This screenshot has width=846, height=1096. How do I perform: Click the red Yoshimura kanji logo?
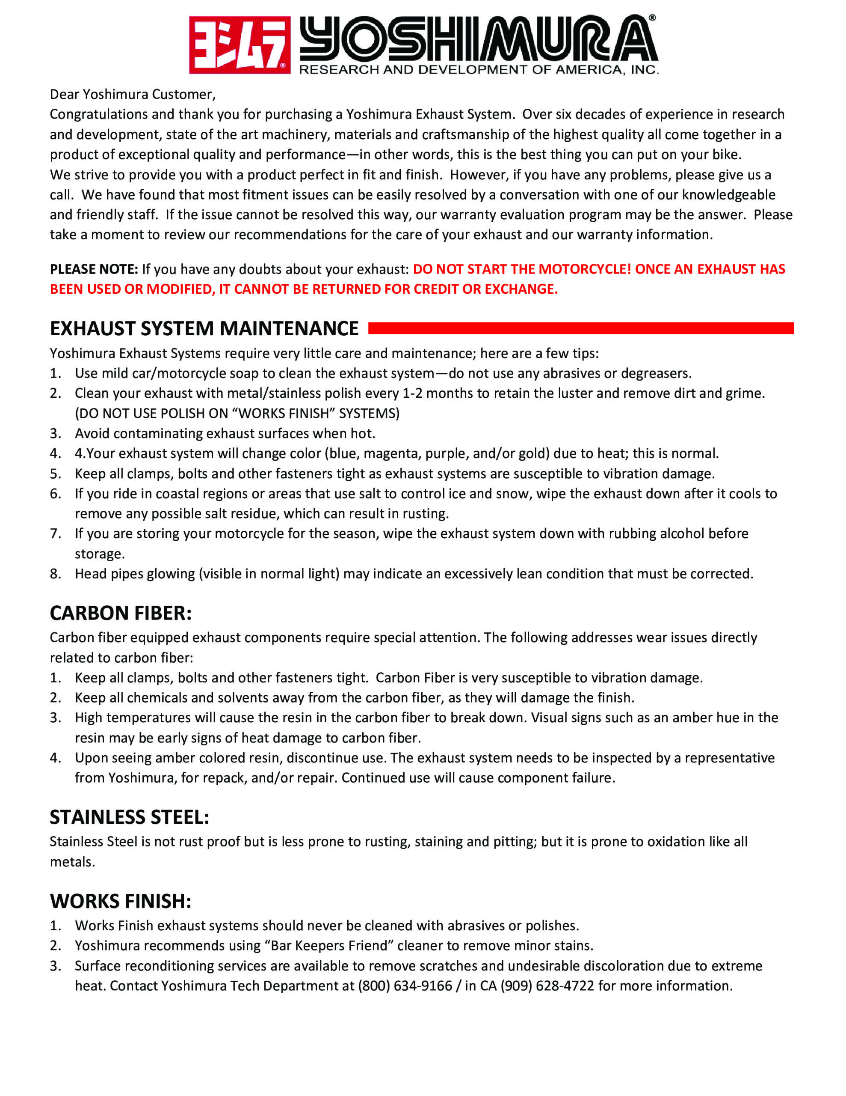[239, 45]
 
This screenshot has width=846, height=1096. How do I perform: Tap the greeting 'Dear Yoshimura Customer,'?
[133, 94]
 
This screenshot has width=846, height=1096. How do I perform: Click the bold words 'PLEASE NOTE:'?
[94, 269]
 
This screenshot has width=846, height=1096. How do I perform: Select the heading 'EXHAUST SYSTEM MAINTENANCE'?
[204, 329]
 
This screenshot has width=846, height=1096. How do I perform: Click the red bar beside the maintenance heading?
[580, 328]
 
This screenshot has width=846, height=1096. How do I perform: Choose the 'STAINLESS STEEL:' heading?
[129, 817]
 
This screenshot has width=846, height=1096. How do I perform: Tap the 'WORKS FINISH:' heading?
[120, 901]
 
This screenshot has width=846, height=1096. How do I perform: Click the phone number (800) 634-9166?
[405, 986]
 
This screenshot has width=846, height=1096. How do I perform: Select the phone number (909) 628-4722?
[547, 986]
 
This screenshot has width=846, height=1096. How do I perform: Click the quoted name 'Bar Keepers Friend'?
[329, 945]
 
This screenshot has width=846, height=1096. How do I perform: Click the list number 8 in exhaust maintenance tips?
[55, 574]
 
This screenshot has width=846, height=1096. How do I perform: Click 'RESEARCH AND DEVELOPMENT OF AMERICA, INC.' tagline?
[479, 70]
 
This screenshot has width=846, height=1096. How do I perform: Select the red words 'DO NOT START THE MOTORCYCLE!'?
[521, 269]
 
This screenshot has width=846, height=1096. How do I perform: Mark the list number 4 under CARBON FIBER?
[55, 758]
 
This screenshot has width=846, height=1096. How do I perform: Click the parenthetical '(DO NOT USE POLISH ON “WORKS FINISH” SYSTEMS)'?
[237, 414]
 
